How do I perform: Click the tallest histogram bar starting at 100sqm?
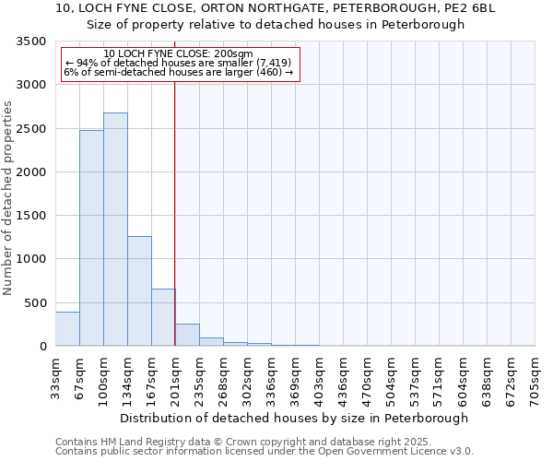pyautogui.click(x=115, y=230)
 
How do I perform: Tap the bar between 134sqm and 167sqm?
pyautogui.click(x=139, y=290)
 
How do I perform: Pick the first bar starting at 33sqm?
pyautogui.click(x=67, y=329)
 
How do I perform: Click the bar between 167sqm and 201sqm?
pyautogui.click(x=163, y=317)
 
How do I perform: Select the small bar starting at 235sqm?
pyautogui.click(x=211, y=341)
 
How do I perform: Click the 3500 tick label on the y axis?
pyautogui.click(x=30, y=41)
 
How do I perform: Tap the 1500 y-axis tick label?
pyautogui.click(x=30, y=216)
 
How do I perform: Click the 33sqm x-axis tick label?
pyautogui.click(x=56, y=377)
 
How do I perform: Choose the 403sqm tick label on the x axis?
pyautogui.click(x=319, y=377)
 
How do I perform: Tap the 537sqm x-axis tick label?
pyautogui.click(x=415, y=377)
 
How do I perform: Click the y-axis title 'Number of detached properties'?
pyautogui.click(x=8, y=197)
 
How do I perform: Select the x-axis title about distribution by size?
pyautogui.click(x=294, y=418)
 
